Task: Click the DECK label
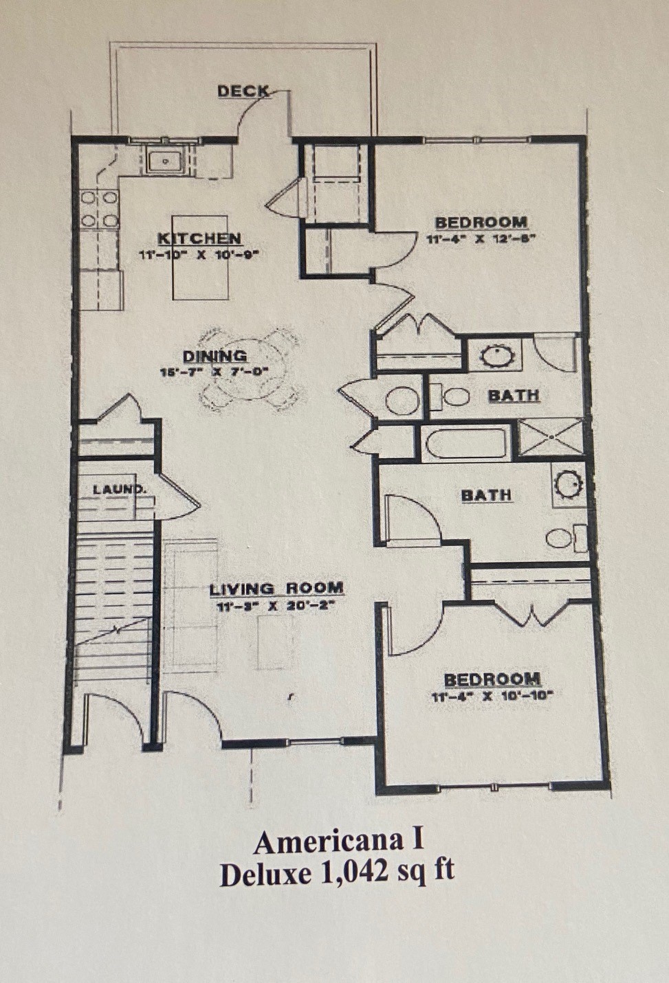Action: (x=243, y=91)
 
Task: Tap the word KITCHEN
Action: (x=199, y=238)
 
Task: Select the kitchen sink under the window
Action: (x=164, y=161)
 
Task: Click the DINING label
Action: (x=215, y=356)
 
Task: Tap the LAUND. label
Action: (x=119, y=489)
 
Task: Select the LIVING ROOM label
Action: (x=276, y=589)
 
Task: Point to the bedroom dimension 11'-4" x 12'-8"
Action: (x=480, y=239)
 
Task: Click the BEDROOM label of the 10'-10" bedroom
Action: (x=492, y=679)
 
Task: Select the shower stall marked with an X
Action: (x=550, y=438)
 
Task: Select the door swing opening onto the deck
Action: (x=262, y=112)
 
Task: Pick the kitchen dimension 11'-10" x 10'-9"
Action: (x=202, y=254)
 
